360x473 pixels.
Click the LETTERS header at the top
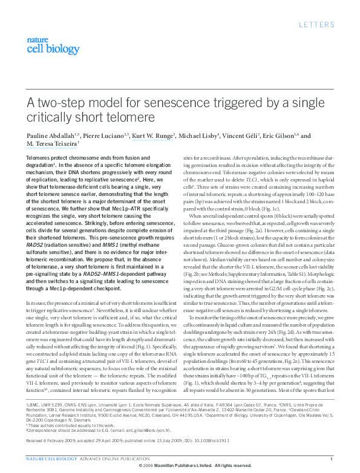click(317, 24)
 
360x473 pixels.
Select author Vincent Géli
click(243, 136)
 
